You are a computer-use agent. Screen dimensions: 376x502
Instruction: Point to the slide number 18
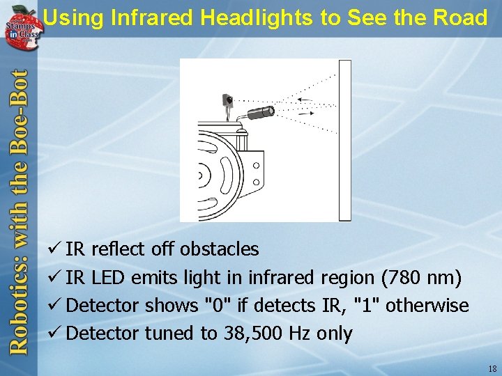pos(492,368)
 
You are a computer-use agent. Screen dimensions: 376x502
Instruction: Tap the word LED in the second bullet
pos(108,277)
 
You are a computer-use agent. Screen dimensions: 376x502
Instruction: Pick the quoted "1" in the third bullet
pos(367,305)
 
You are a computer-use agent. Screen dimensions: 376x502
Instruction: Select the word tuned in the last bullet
pos(170,333)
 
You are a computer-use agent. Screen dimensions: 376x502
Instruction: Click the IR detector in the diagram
pos(227,100)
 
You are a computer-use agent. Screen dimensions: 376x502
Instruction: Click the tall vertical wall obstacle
pos(344,139)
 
